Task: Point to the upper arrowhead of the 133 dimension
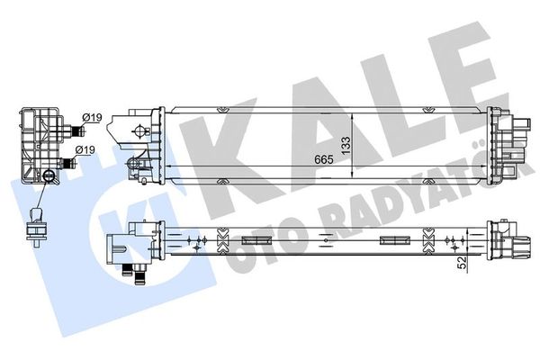coord(352,118)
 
